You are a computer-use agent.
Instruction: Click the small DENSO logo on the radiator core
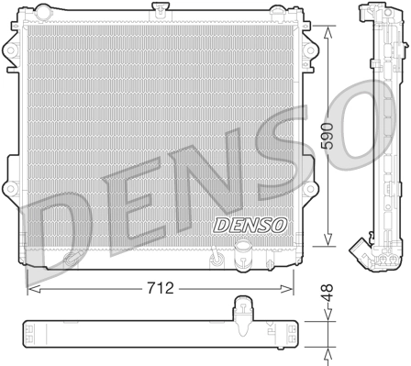click(224, 223)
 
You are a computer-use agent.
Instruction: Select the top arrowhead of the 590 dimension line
click(328, 26)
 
